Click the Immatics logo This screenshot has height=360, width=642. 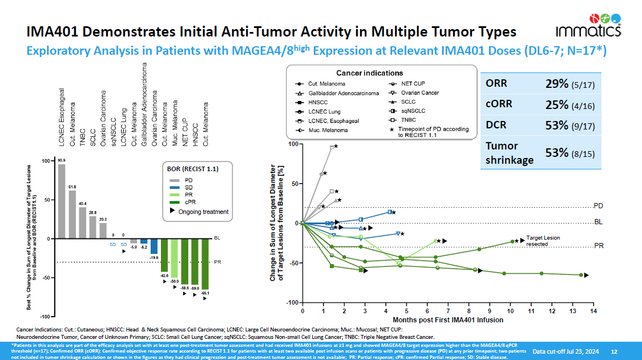pyautogui.click(x=597, y=25)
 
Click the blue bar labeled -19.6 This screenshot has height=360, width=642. pyautogui.click(x=154, y=246)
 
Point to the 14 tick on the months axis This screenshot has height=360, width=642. pyautogui.click(x=593, y=311)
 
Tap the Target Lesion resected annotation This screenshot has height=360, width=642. pyautogui.click(x=543, y=240)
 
